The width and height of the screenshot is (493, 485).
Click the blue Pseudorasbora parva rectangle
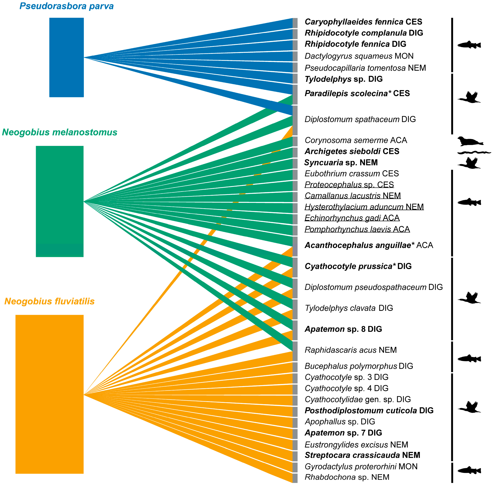(x=66, y=57)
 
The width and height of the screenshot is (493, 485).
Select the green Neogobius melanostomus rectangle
(x=60, y=201)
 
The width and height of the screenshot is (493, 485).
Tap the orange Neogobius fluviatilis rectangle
(x=49, y=394)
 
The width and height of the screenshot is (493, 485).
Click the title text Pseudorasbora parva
(x=66, y=6)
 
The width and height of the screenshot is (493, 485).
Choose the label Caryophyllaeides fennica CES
(x=363, y=22)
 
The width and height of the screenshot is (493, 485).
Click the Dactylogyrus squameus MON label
(x=359, y=56)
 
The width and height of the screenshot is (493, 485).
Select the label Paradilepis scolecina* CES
(x=357, y=93)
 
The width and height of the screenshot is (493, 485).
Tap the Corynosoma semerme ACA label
(x=356, y=140)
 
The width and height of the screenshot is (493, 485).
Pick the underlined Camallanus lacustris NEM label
(x=353, y=196)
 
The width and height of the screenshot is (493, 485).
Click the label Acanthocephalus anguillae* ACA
(x=368, y=245)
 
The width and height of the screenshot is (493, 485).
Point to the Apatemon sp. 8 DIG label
(x=343, y=329)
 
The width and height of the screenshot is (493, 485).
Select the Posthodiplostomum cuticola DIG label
(x=369, y=411)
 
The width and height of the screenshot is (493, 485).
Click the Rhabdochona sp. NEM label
(x=347, y=477)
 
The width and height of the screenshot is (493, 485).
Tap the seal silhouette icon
(x=470, y=141)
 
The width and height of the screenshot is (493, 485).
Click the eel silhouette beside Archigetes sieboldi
(x=474, y=153)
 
